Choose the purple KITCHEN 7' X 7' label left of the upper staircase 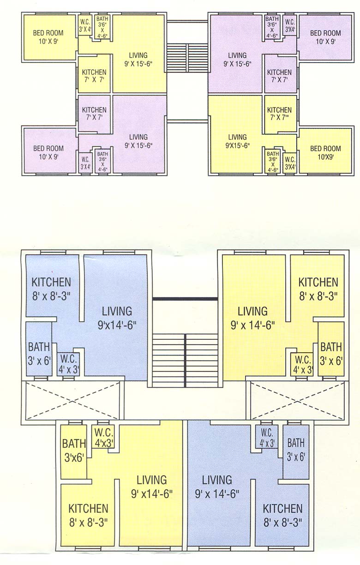[94, 114]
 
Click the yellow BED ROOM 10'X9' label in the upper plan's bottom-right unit [325, 152]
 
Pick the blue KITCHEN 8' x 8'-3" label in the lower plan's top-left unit [51, 287]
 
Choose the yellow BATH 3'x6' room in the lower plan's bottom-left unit [74, 450]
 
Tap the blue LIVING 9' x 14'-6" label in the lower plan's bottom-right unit [217, 486]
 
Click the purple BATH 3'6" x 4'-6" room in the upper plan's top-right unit [272, 27]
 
